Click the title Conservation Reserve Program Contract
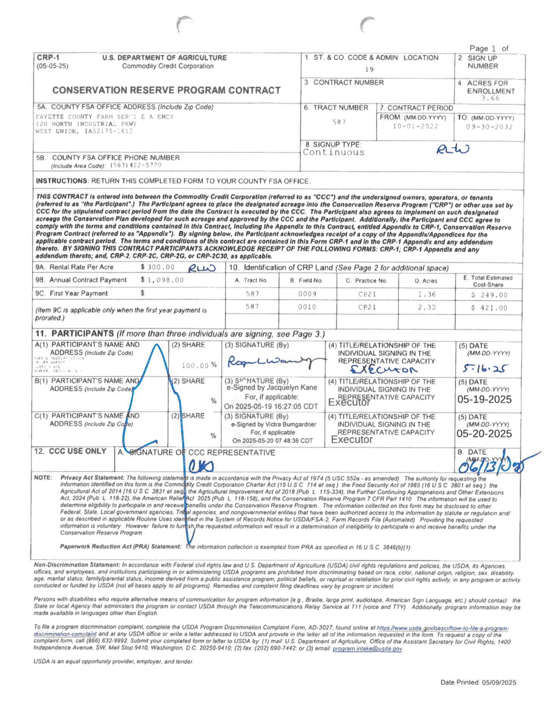pyautogui.click(x=166, y=90)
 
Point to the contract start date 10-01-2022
pyautogui.click(x=415, y=127)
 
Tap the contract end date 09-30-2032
pyautogui.click(x=489, y=127)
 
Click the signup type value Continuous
pyautogui.click(x=333, y=152)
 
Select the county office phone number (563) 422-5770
pyautogui.click(x=136, y=166)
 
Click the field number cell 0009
pyautogui.click(x=307, y=294)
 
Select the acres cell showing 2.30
pyautogui.click(x=427, y=307)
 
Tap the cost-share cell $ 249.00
pyautogui.click(x=489, y=295)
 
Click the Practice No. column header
pyautogui.click(x=366, y=281)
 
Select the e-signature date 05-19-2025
pyautogui.click(x=484, y=399)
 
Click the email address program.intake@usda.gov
pyautogui.click(x=367, y=649)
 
